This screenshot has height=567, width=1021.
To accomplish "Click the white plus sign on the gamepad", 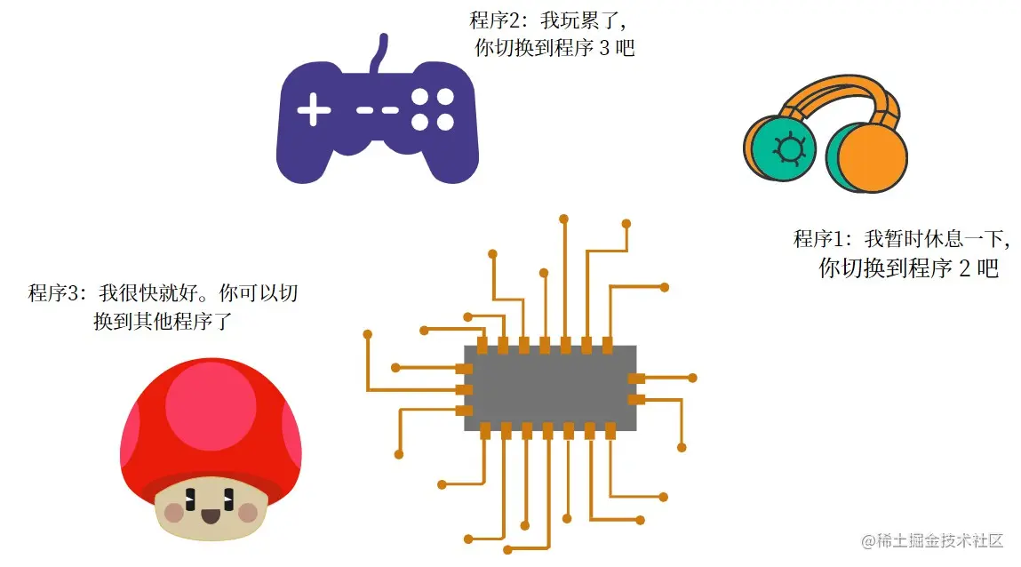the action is click(x=314, y=109).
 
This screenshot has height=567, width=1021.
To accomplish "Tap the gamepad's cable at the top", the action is click(x=379, y=52).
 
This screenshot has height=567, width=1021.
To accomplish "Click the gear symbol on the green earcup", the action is click(x=789, y=148).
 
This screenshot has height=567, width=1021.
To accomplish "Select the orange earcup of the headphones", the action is click(x=872, y=157).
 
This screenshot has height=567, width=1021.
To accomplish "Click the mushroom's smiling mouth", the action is click(x=211, y=517).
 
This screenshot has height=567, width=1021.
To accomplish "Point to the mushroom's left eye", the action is click(x=190, y=499).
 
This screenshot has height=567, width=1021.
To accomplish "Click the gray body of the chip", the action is click(x=550, y=388).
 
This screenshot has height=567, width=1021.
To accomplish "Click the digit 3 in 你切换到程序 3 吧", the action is click(x=604, y=48).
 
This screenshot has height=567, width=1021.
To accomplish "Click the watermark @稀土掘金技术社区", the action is click(x=932, y=540).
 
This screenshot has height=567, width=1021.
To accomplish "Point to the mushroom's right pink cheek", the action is click(x=248, y=513).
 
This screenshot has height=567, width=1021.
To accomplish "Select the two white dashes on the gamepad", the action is click(x=378, y=110).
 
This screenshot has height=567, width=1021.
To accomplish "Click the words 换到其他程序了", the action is click(x=163, y=321).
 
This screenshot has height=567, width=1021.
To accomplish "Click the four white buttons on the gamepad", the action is click(x=433, y=109).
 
